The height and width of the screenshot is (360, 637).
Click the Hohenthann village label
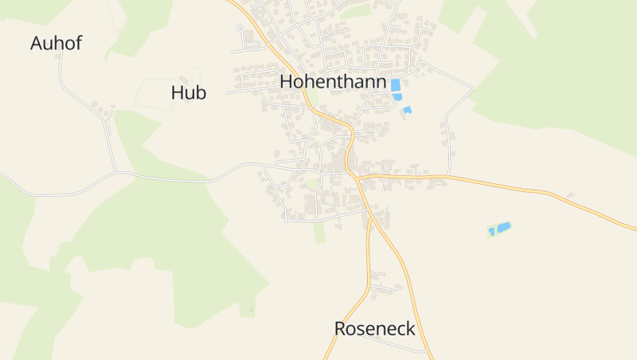tap(333, 82)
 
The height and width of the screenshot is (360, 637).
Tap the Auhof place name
tap(56, 43)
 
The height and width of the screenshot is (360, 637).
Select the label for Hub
tap(189, 92)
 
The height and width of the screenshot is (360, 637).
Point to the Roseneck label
tap(374, 328)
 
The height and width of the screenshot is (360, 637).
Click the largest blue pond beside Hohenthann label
tap(395, 84)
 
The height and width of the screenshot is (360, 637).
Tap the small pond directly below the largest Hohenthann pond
tap(397, 97)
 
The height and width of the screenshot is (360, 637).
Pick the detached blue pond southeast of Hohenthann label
tap(407, 109)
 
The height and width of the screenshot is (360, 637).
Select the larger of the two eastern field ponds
tap(503, 227)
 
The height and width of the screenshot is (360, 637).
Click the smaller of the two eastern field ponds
tap(491, 232)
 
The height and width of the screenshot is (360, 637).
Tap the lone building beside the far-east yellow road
tap(570, 194)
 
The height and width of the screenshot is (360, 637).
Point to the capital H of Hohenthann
tap(287, 82)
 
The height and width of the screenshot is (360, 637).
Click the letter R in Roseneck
tap(341, 328)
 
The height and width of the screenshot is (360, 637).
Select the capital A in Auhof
tap(37, 43)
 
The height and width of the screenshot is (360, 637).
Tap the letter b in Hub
tap(201, 92)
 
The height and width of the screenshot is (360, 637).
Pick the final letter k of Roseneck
tap(410, 328)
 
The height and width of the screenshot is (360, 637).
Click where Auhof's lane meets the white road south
tap(116, 171)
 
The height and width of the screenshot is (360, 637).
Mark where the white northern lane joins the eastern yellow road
tap(448, 176)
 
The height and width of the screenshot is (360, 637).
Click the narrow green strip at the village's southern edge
tap(319, 232)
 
